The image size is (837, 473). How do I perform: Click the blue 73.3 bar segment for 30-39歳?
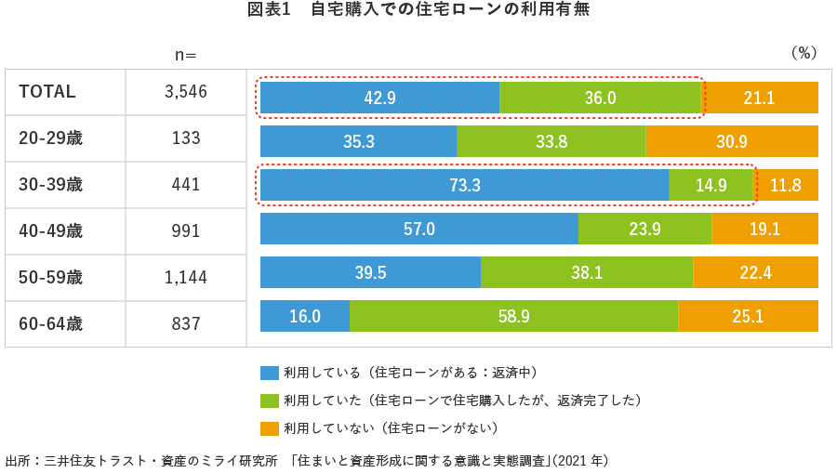click(464, 185)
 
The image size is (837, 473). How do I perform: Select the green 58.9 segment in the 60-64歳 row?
click(513, 316)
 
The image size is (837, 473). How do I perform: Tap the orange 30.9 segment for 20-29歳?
click(732, 141)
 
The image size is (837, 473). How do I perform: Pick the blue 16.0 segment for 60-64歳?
click(304, 316)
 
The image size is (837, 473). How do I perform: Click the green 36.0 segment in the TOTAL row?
click(600, 98)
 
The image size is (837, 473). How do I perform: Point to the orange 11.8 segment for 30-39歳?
click(786, 185)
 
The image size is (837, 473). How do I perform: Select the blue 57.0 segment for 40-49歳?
click(418, 229)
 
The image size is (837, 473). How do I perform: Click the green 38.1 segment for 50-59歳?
click(587, 272)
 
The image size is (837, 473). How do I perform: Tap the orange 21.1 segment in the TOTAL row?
click(759, 98)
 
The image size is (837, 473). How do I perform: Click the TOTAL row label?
click(47, 92)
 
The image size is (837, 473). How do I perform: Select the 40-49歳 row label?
click(51, 231)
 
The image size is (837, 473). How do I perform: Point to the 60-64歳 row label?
click(51, 324)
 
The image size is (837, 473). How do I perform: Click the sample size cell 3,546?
click(186, 92)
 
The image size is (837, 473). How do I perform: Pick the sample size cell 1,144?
click(186, 278)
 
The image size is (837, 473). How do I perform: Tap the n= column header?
click(186, 54)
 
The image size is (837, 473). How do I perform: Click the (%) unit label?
click(803, 53)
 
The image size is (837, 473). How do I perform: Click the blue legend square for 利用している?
click(270, 373)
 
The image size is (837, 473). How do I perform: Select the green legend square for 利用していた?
click(270, 401)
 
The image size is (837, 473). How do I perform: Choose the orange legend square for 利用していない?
click(270, 428)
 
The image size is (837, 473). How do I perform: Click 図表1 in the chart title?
click(269, 10)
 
